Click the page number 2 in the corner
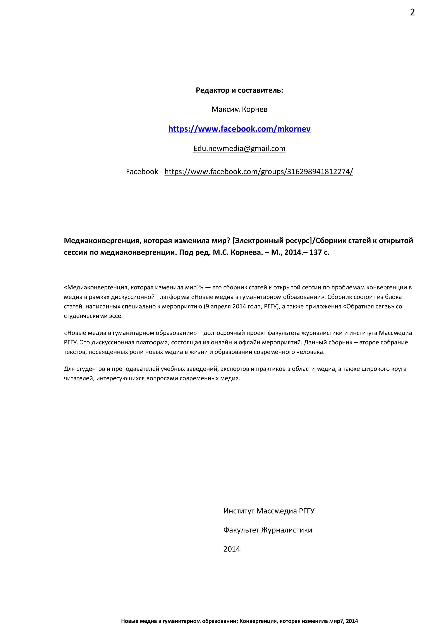412,12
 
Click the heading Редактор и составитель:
239,90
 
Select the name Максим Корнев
239,110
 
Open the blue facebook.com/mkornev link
239,129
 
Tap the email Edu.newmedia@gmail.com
239,149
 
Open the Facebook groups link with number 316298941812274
258,172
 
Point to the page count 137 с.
319,252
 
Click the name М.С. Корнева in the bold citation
238,252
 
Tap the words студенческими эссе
93,316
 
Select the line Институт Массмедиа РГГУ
269,511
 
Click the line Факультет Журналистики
268,530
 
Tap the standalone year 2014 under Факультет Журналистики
232,549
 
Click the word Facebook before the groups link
142,172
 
